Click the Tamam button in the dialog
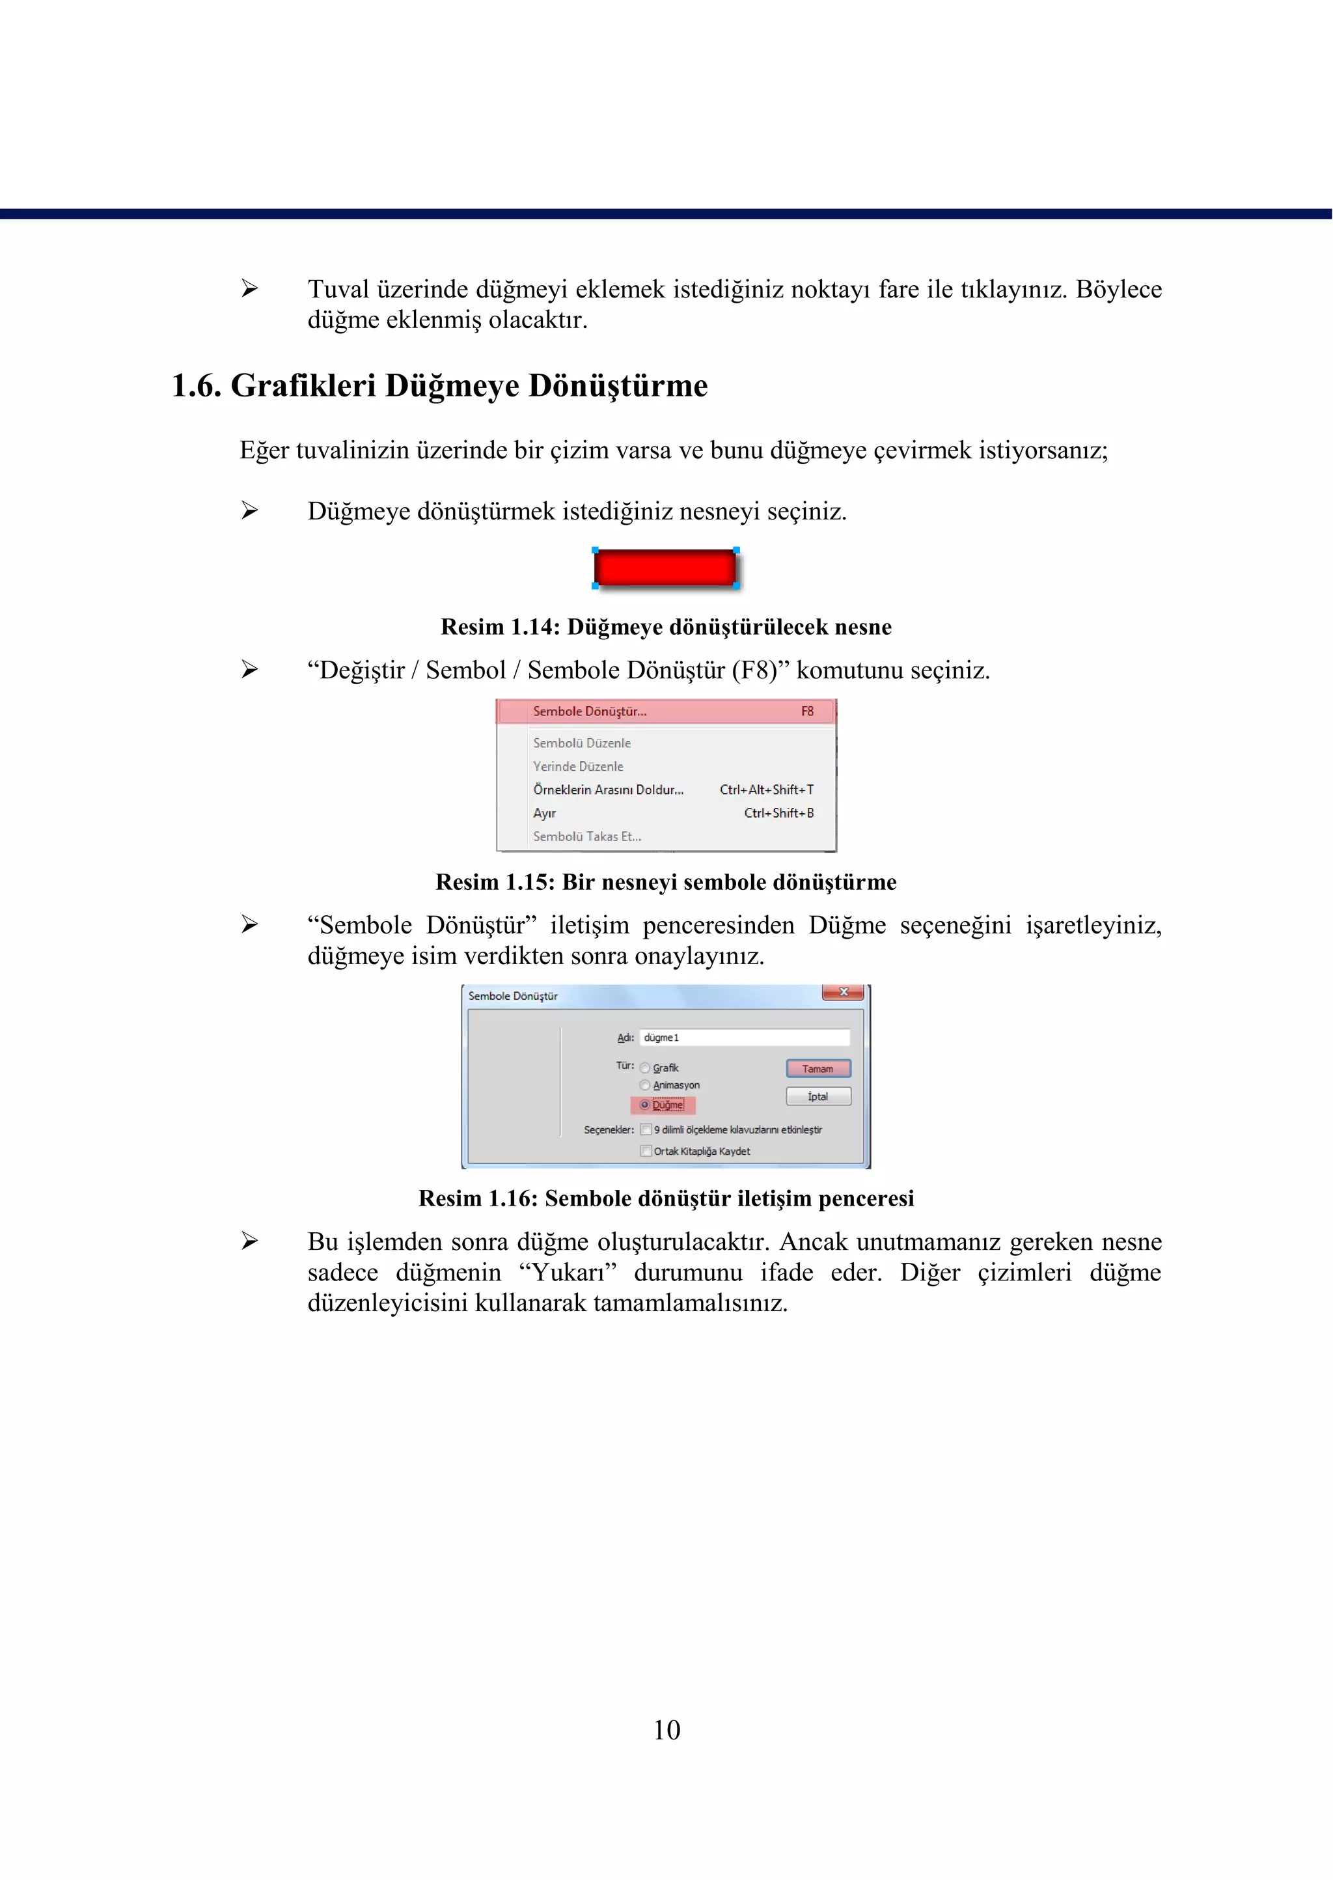point(818,1068)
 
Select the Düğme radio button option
point(645,1105)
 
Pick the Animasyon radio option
point(645,1085)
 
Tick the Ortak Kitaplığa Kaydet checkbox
point(646,1151)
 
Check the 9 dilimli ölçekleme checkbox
point(646,1129)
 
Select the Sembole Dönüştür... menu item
point(590,712)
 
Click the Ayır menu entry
point(545,813)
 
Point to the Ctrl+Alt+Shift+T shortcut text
point(767,790)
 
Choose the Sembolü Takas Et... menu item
point(587,836)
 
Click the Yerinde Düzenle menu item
point(578,766)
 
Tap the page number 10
point(666,1730)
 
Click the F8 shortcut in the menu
point(807,712)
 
